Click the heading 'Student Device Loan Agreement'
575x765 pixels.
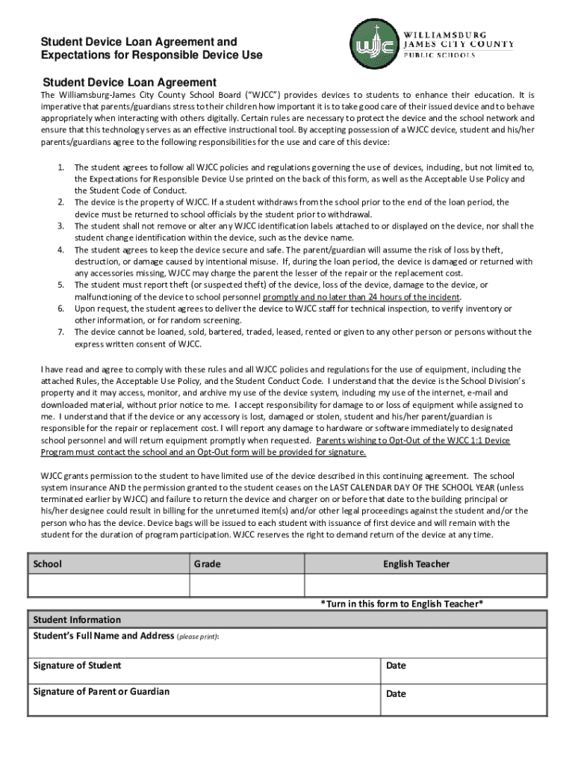point(129,82)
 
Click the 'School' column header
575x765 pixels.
point(48,564)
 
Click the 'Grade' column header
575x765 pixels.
point(208,564)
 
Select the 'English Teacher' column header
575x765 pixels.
point(417,564)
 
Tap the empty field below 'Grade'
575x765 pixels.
point(246,586)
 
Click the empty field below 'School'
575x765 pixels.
point(108,586)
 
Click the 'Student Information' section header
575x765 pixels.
point(77,620)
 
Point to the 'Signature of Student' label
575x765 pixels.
point(77,666)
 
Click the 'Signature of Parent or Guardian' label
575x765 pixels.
point(102,692)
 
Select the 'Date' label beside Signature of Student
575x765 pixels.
point(396,666)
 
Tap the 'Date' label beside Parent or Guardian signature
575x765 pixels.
point(396,694)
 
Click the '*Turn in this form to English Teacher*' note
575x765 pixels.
point(402,604)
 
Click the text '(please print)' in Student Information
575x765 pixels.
point(197,637)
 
